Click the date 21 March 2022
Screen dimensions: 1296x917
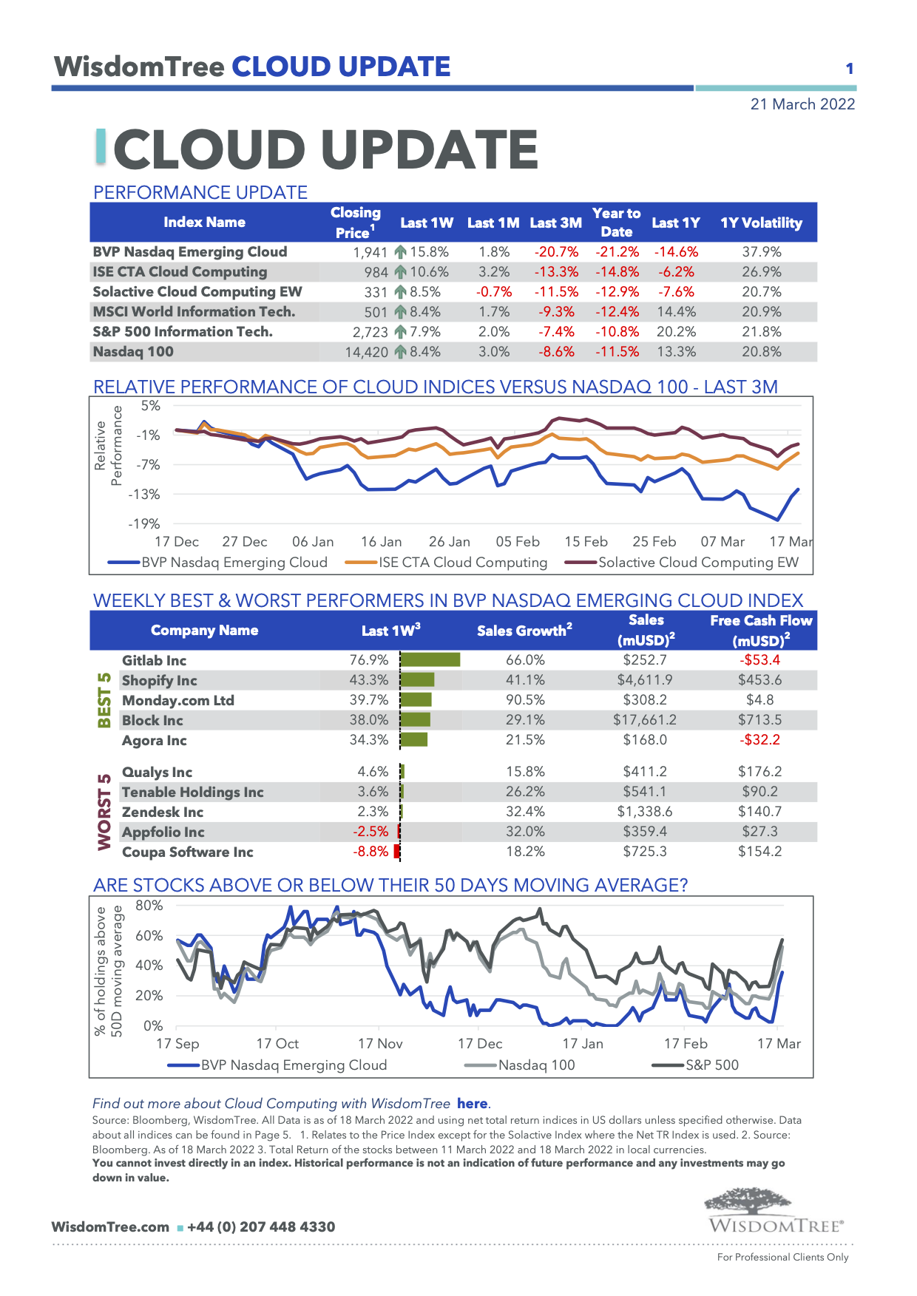pos(802,104)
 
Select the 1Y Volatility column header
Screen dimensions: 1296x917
pos(761,223)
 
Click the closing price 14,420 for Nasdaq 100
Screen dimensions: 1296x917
pos(366,352)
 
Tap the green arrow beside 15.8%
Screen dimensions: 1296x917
pos(400,252)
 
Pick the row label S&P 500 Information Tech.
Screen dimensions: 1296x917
pos(183,332)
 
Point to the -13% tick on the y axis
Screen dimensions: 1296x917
pos(144,494)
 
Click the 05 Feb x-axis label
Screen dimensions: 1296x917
pos(518,542)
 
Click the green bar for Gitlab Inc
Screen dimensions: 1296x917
pos(430,659)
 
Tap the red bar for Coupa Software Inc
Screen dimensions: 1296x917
pos(397,852)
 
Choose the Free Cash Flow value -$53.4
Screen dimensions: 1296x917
pos(759,659)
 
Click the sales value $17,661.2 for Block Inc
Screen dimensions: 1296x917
pos(644,720)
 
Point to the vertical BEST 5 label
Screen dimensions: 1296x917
pos(104,700)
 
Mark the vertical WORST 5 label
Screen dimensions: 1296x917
pos(104,812)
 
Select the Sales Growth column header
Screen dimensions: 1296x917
pos(524,631)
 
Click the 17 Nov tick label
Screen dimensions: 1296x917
pos(380,1044)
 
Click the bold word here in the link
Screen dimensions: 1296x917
pos(472,1104)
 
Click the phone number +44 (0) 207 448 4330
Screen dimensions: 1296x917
pos(261,1227)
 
